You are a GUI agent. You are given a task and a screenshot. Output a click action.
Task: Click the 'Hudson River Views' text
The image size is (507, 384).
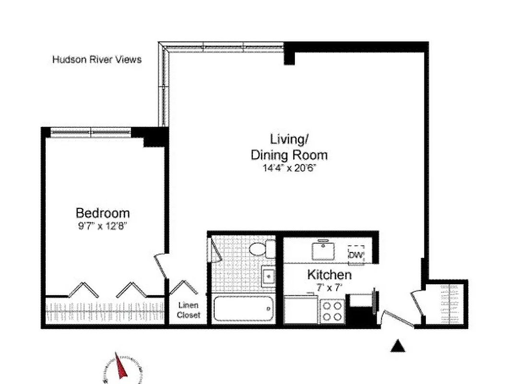coord(97,60)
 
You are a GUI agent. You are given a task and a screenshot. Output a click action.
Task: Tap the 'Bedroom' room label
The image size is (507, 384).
coord(103,213)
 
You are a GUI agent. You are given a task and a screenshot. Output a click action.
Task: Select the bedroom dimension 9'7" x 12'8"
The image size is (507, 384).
coord(103,226)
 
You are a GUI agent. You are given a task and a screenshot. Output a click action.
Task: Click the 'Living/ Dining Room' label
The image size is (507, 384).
coord(289,147)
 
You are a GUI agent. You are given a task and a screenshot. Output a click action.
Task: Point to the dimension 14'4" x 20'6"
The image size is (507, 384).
coord(289,168)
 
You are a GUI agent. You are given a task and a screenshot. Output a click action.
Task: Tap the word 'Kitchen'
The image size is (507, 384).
coord(329,275)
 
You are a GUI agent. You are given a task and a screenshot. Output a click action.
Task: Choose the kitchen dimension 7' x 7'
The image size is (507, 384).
coord(329,288)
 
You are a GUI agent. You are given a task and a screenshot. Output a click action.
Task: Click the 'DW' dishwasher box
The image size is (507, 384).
coord(356,255)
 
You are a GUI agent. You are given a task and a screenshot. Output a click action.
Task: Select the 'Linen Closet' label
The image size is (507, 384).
coord(188,310)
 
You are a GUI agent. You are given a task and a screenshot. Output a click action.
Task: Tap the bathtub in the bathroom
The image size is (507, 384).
coord(243,309)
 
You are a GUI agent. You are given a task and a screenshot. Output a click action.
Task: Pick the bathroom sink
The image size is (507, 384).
coord(268,276)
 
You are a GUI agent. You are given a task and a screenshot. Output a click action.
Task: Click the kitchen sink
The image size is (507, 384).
coord(323,250)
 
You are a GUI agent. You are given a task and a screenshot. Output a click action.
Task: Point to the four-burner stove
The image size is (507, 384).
coord(332,310)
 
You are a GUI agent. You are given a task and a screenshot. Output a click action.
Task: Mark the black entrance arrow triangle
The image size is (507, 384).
coord(397,346)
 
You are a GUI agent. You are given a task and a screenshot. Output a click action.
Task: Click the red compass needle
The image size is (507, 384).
coord(121,367)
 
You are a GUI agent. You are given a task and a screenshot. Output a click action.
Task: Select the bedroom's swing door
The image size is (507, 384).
coord(162,267)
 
